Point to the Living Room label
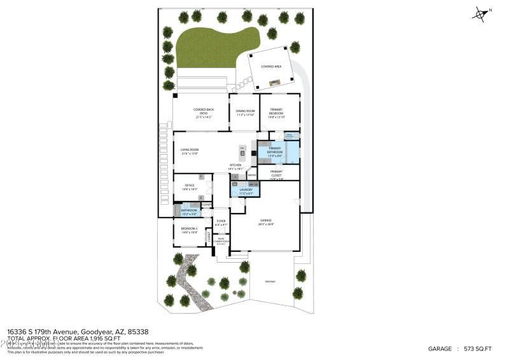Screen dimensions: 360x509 pyautogui.click(x=190, y=150)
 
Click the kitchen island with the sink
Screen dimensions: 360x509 pyautogui.click(x=242, y=153)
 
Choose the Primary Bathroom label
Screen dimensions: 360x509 pyautogui.click(x=275, y=149)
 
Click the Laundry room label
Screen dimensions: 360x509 pyautogui.click(x=246, y=190)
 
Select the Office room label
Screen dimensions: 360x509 pyautogui.click(x=190, y=186)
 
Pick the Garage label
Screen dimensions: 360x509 pyautogui.click(x=265, y=221)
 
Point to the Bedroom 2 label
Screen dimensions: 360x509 pyautogui.click(x=189, y=229)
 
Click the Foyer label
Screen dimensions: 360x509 pyautogui.click(x=220, y=221)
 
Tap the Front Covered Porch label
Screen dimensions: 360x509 pyautogui.click(x=220, y=240)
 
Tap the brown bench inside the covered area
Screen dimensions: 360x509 pyautogui.click(x=275, y=82)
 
